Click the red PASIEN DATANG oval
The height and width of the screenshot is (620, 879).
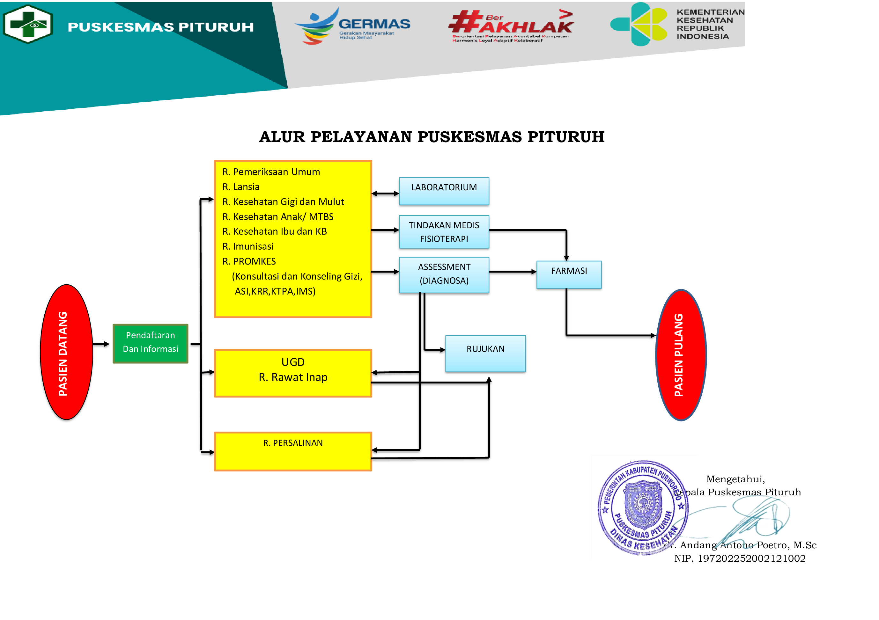[x=67, y=352]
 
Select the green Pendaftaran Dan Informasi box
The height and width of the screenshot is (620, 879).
[x=151, y=343]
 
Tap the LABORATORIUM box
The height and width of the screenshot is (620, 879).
[x=444, y=191]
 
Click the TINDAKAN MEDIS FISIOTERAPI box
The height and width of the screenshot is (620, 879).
[x=444, y=231]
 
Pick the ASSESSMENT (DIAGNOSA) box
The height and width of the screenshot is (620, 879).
[x=444, y=274]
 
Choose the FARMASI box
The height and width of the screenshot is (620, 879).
[x=569, y=274]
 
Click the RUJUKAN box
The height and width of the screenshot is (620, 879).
[x=485, y=353]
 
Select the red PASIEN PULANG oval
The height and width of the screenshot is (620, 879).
[x=681, y=355]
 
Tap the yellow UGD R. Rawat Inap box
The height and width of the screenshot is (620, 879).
[x=293, y=372]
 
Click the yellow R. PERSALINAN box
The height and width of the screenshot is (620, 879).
[x=293, y=451]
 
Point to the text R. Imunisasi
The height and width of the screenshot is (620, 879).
[x=248, y=246]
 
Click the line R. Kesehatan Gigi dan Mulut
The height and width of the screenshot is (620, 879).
[x=283, y=202]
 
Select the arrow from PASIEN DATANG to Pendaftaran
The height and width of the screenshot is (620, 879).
[x=101, y=344]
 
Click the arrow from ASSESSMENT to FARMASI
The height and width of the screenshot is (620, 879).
[x=513, y=272]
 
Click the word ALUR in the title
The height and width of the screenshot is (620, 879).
[x=282, y=137]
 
